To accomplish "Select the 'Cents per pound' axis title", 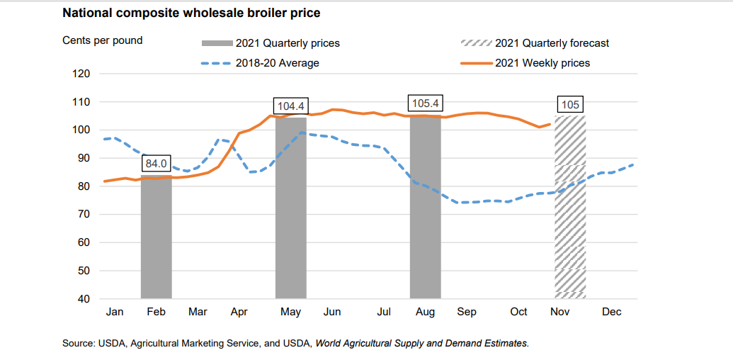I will pyautogui.click(x=102, y=40).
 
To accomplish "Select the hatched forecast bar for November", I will pyautogui.click(x=569, y=213).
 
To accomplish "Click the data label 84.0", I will pyautogui.click(x=157, y=164).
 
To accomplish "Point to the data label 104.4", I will pyautogui.click(x=290, y=106).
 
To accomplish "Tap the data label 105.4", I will pyautogui.click(x=425, y=103).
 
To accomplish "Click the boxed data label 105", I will pyautogui.click(x=570, y=105).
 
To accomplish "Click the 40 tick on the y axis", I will pyautogui.click(x=84, y=299).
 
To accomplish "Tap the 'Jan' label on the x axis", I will pyautogui.click(x=114, y=312).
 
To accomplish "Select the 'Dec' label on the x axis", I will pyautogui.click(x=611, y=312).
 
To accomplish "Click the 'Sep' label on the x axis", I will pyautogui.click(x=467, y=312).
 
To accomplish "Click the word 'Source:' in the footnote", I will pyautogui.click(x=79, y=343).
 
